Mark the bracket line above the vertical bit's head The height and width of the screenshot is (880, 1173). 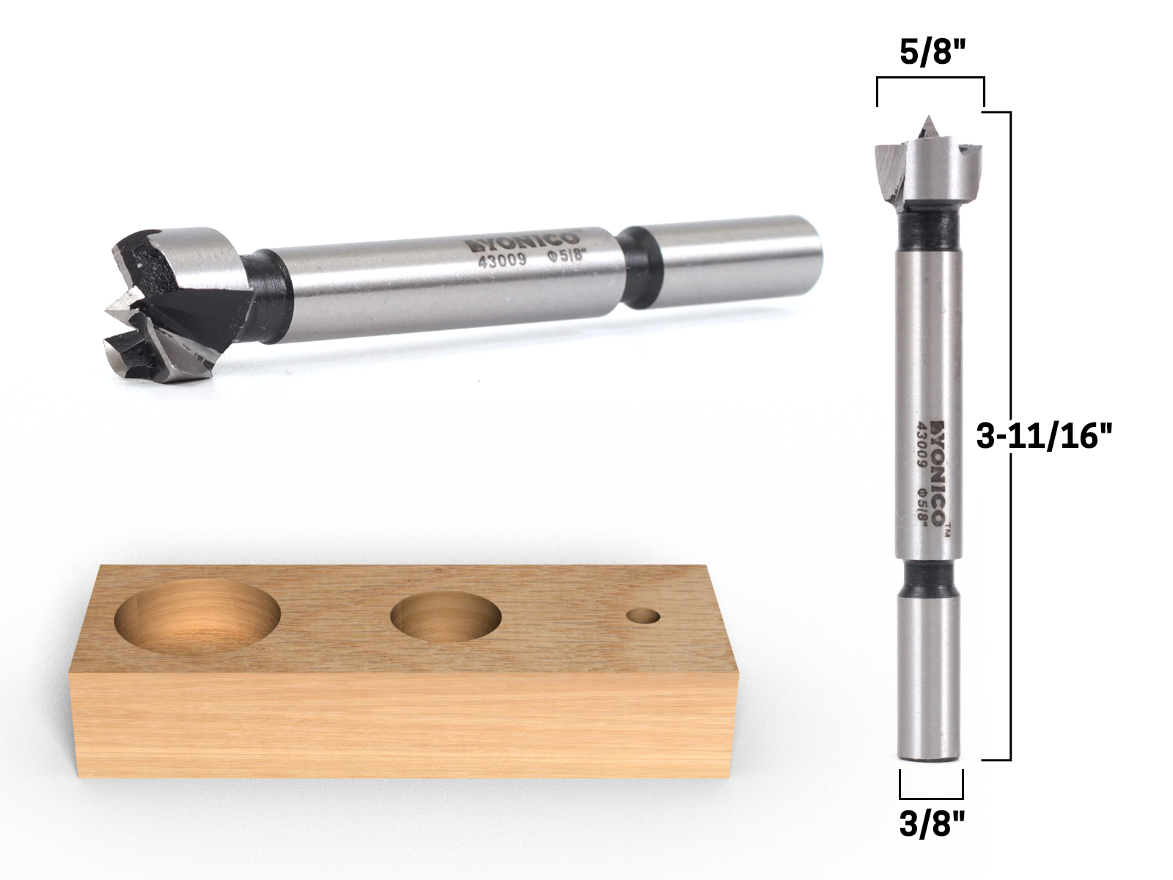[x=930, y=78]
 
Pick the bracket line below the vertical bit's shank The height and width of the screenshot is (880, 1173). [x=930, y=796]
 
